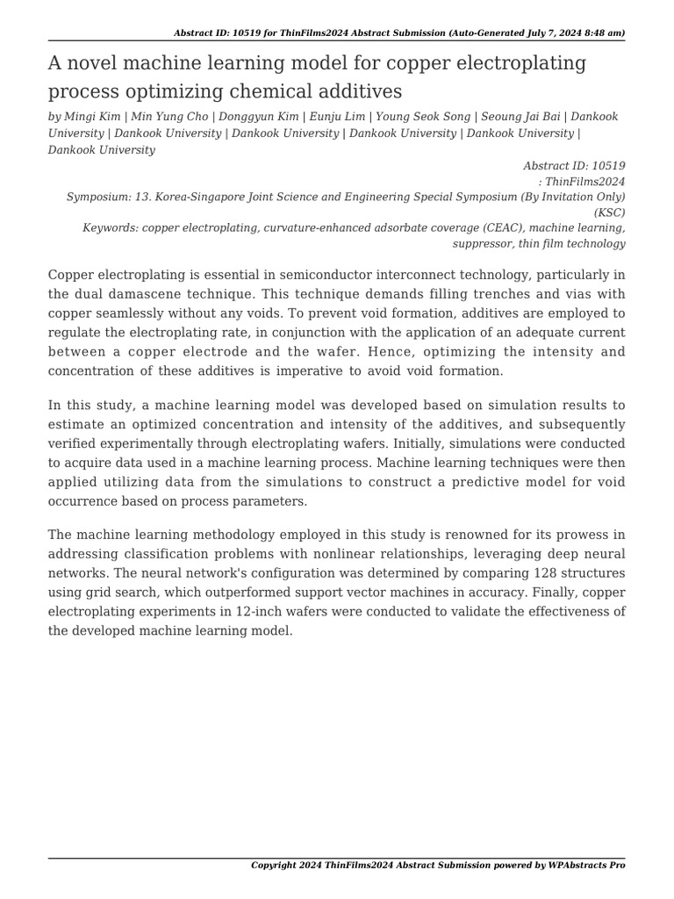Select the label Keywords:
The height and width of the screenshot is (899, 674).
point(110,228)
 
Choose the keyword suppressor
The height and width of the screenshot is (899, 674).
point(481,244)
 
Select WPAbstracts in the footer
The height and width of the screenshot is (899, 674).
point(576,866)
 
